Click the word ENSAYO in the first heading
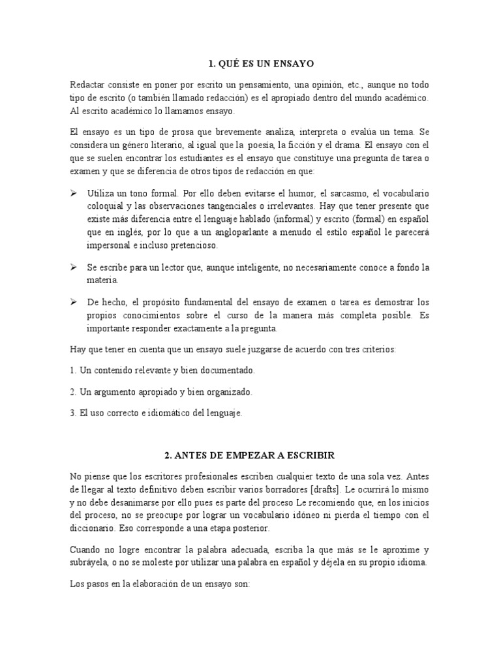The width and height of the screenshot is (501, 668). [x=291, y=64]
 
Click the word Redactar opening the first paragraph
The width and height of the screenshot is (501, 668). [x=88, y=85]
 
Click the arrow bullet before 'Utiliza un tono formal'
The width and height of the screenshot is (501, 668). [x=73, y=194]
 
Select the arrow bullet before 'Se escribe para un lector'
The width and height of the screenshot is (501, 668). [x=73, y=267]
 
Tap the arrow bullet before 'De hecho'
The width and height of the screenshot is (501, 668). [x=73, y=302]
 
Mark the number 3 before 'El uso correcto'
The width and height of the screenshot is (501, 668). [x=71, y=412]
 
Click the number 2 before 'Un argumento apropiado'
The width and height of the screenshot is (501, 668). [x=71, y=391]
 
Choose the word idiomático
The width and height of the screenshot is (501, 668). [x=151, y=412]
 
